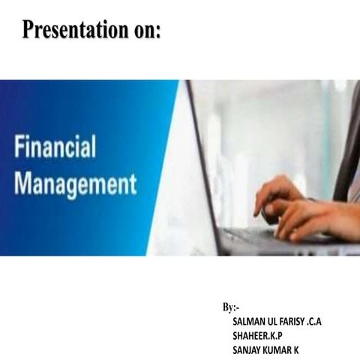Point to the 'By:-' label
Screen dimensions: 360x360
pos(231,307)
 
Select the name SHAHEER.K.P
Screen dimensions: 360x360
pos(258,335)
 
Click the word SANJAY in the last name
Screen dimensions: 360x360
pos(250,349)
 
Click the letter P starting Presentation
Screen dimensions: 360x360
pos(28,30)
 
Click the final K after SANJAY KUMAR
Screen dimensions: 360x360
pos(306,349)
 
